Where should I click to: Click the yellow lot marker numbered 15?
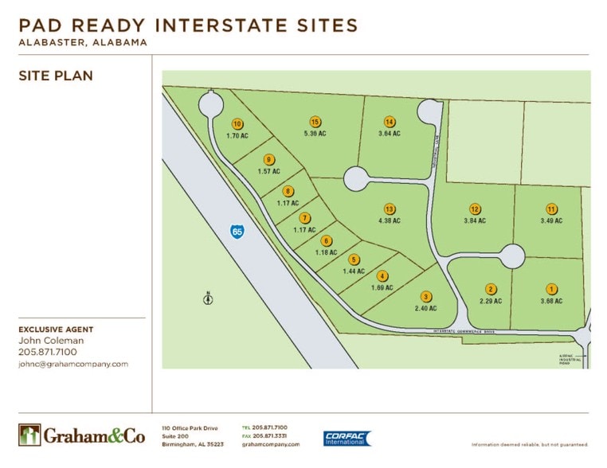tap(315, 122)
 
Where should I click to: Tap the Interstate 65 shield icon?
tap(237, 231)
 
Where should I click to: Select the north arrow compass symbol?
tap(207, 298)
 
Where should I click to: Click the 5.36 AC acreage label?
tap(315, 134)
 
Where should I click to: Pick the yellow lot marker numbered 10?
tap(237, 123)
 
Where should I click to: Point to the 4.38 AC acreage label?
tap(390, 220)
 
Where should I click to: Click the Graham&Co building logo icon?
tap(29, 435)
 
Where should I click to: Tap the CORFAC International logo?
tap(347, 439)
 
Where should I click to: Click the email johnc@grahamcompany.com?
tap(72, 364)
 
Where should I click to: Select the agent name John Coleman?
tap(50, 341)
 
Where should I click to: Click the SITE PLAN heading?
tap(55, 76)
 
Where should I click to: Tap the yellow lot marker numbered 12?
tap(474, 209)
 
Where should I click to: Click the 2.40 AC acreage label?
tap(427, 307)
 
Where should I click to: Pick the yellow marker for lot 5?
tap(354, 259)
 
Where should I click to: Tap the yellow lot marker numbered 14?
tap(390, 122)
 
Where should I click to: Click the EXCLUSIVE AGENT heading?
tap(56, 329)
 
